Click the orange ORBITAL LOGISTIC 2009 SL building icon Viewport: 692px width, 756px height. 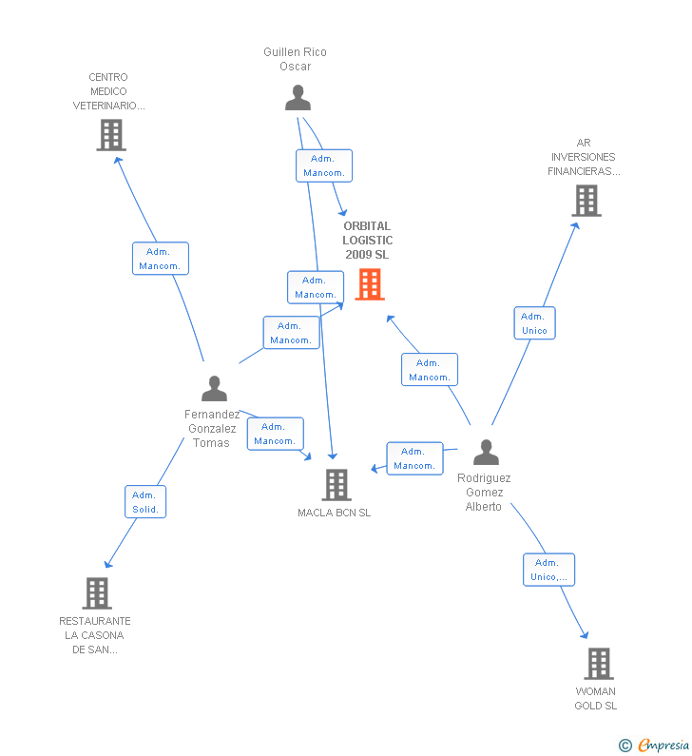369,284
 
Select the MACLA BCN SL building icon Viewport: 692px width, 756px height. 336,485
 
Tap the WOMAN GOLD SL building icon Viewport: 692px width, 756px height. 598,664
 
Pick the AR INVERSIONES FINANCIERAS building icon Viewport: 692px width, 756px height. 586,201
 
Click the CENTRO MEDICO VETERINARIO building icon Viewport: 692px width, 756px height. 111,135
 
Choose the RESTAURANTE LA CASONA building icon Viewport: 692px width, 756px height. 96,593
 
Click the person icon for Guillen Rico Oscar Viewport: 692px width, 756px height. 298,98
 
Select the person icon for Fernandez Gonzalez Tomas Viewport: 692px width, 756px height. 215,388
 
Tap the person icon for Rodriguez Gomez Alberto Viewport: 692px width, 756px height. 486,452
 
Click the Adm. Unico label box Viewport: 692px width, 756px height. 534,323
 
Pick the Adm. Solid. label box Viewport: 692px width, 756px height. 145,502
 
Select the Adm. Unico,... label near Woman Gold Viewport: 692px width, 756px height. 548,570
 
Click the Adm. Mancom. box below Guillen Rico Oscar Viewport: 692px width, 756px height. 323,165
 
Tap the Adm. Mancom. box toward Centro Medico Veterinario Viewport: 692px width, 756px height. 160,259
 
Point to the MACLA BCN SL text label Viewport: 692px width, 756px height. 335,514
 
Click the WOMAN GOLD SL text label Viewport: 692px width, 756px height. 596,699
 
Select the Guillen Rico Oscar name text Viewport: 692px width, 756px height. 295,59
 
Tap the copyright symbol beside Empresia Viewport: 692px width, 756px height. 625,746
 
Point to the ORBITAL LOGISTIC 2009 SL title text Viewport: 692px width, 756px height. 368,241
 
